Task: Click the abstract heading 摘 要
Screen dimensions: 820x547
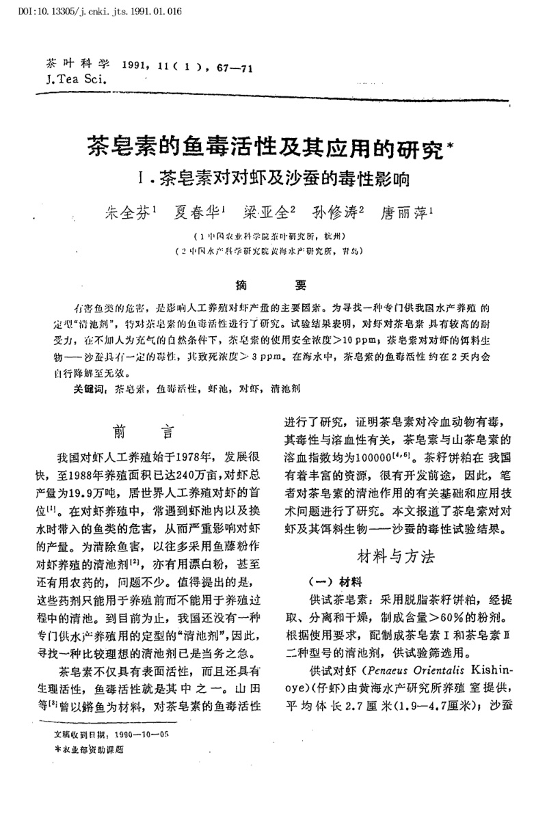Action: pos(272,285)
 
